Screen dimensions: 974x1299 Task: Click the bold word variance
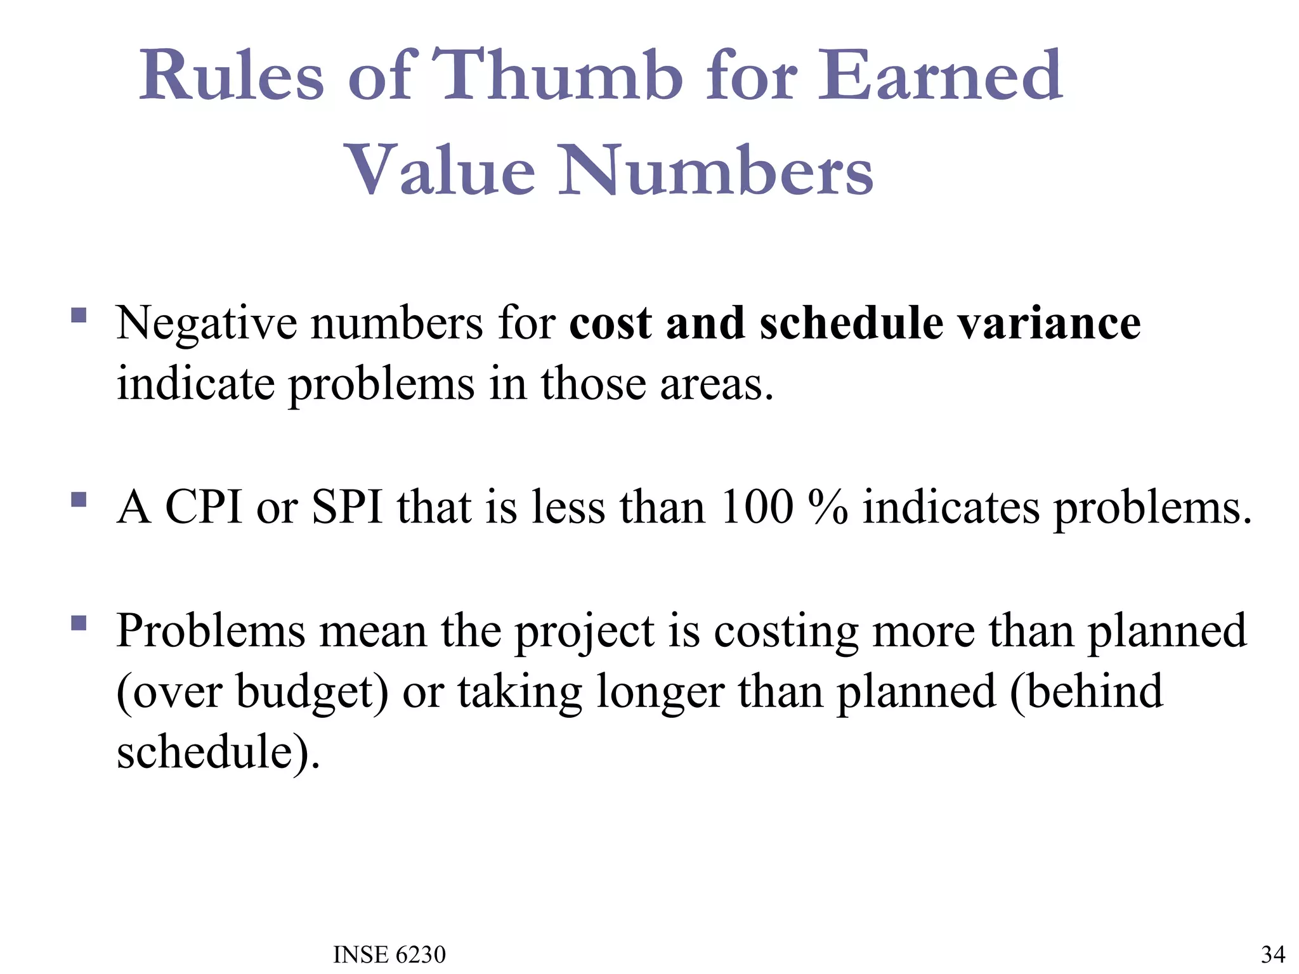click(1049, 323)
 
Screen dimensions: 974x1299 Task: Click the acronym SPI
click(348, 507)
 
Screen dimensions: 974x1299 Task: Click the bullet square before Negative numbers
click(79, 315)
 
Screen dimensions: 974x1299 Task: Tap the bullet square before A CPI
click(79, 500)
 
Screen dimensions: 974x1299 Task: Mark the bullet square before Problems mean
click(79, 623)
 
